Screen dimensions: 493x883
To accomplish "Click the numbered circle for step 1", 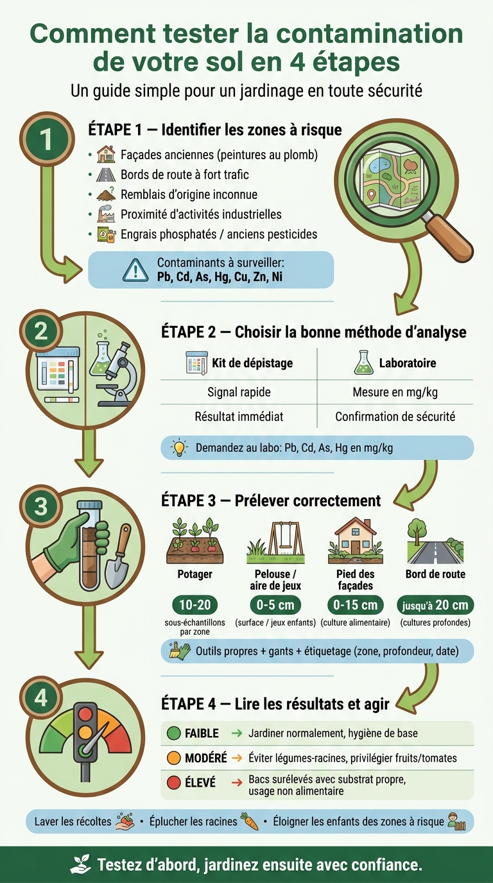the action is click(47, 139).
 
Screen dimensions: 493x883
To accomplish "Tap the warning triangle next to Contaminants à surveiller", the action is click(135, 270).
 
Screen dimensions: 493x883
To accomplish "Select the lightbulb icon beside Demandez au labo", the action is click(178, 447).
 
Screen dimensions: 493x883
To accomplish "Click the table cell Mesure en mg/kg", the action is click(395, 392).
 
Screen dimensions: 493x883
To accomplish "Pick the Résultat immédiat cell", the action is click(239, 416).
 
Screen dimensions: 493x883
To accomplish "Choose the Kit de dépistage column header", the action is click(252, 363).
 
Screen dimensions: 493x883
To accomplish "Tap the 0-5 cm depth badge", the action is click(275, 604).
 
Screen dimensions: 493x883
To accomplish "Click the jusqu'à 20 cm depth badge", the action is click(435, 604).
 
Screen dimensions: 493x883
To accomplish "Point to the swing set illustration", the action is click(275, 542).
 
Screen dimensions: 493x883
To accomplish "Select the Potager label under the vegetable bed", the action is click(195, 574).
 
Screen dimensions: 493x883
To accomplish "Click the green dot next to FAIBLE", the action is click(174, 733).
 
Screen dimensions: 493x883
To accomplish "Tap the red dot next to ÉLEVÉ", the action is click(174, 782).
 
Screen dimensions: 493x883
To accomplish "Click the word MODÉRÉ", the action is click(206, 758).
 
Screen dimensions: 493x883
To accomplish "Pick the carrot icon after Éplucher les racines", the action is click(249, 821).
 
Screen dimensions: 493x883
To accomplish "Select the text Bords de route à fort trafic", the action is click(185, 175).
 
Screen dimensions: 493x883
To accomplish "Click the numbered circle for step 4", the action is click(41, 698).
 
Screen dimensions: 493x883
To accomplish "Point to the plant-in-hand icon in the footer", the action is click(80, 864).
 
